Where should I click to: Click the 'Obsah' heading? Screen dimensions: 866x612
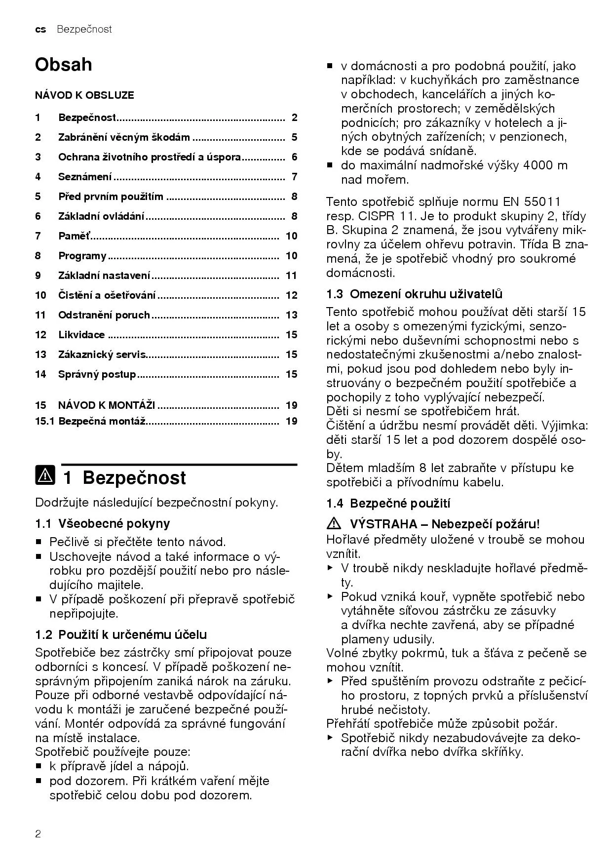(63, 65)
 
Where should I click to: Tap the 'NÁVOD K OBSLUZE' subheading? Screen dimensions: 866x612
(84, 95)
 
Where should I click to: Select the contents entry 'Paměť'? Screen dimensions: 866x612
(75, 236)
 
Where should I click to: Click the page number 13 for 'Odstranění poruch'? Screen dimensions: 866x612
(291, 315)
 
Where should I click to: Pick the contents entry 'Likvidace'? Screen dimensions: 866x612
(81, 335)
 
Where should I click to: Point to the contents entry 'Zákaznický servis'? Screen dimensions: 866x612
(102, 354)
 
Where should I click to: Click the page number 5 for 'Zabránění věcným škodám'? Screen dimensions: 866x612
(294, 137)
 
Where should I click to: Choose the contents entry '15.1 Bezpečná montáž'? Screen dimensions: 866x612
(90, 421)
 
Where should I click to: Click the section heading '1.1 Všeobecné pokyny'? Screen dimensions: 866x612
(103, 523)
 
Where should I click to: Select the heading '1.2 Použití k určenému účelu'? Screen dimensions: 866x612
(121, 634)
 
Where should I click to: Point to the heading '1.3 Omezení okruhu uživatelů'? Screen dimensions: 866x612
(414, 294)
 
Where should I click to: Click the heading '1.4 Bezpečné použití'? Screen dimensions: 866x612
(388, 504)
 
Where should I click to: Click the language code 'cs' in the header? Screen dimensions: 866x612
(40, 30)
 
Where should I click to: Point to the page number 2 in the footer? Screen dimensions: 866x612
(38, 834)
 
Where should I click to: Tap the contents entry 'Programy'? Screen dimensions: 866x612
(82, 256)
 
